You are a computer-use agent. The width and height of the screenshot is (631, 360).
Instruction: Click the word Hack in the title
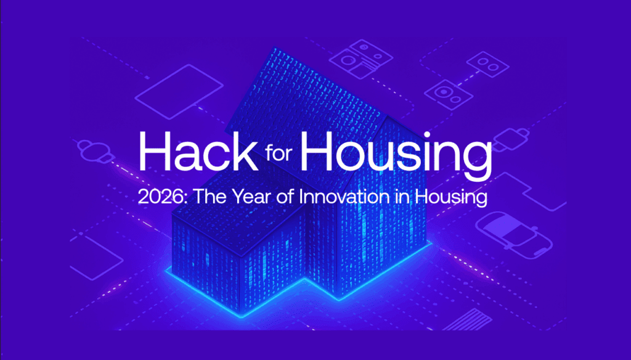(198, 151)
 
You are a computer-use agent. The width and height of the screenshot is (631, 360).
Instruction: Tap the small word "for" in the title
(278, 152)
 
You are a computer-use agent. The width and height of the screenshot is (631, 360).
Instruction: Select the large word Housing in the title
(396, 155)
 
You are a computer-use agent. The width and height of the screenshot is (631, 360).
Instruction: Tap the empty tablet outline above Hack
(179, 92)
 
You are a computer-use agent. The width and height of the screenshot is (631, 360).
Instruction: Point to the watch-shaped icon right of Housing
(510, 139)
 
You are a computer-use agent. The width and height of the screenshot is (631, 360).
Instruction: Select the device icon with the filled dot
(449, 95)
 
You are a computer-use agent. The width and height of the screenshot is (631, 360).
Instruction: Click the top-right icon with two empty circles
(487, 64)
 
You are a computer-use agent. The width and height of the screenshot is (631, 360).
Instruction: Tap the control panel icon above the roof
(360, 59)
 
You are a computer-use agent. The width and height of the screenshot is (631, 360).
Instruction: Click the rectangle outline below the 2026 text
(96, 258)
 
